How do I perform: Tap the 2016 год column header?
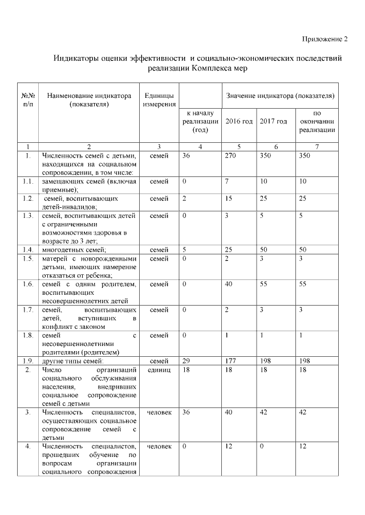click(x=239, y=122)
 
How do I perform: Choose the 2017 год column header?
click(x=273, y=122)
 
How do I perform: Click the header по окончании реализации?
click(x=318, y=122)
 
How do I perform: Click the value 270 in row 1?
click(x=231, y=155)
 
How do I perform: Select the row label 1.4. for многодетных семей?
click(x=28, y=250)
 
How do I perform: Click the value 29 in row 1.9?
click(x=185, y=361)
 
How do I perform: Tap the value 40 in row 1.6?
click(x=229, y=284)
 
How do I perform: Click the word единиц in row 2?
click(x=159, y=370)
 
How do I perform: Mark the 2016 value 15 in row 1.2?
click(x=229, y=199)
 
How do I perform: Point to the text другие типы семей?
click(x=72, y=361)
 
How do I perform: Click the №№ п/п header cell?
click(x=28, y=100)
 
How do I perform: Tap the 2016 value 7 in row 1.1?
click(x=227, y=182)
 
